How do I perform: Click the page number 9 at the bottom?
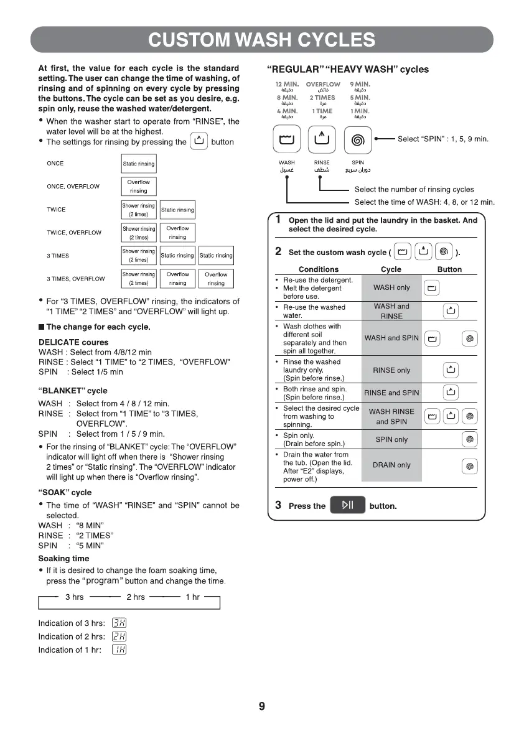tap(261, 706)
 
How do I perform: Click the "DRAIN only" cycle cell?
tap(391, 465)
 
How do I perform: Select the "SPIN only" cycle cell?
tap(391, 439)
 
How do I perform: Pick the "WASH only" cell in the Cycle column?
tap(391, 287)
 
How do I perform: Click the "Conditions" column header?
tap(319, 269)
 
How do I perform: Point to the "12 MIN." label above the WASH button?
tap(286, 84)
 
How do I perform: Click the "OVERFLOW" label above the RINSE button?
tap(323, 84)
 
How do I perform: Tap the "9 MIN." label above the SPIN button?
tap(360, 84)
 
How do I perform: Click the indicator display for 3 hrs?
tap(119, 623)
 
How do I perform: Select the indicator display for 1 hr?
tap(119, 650)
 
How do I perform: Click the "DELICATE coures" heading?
tap(73, 342)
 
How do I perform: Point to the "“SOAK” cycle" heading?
tap(65, 492)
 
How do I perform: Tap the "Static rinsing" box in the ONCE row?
tap(139, 164)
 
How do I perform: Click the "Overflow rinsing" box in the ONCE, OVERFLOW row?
tap(139, 187)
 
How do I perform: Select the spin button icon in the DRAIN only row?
tap(470, 465)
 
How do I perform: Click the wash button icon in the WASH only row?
tap(432, 287)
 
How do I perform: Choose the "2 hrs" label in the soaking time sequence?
tap(136, 597)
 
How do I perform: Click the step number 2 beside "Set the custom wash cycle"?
tap(278, 251)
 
